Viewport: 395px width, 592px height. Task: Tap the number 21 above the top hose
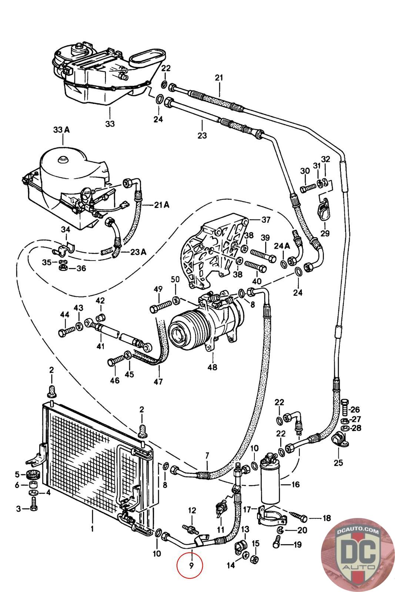219,78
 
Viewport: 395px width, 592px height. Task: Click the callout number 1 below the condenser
92,529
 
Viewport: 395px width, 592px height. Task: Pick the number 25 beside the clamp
338,462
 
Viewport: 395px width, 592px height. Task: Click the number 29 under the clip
325,233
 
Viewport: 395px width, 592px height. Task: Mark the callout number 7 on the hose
207,455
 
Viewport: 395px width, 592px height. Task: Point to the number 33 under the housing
110,124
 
